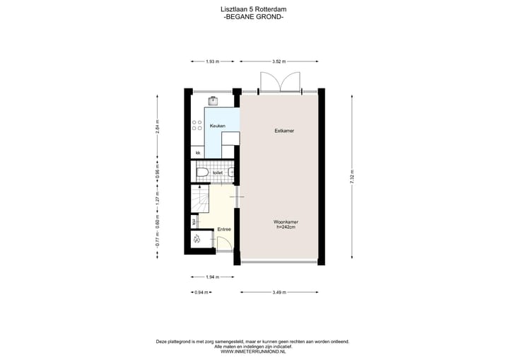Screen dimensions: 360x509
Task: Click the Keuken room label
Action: coord(217,125)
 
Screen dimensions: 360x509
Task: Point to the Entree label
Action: coord(224,229)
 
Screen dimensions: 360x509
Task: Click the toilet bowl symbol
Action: coord(201,172)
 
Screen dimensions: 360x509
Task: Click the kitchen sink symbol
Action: coord(212,100)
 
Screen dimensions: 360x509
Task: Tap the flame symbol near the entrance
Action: coord(198,240)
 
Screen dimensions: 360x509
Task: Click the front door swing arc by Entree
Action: coord(224,244)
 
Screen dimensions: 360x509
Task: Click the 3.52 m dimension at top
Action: coord(279,62)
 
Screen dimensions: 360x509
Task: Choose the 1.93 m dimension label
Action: coord(211,62)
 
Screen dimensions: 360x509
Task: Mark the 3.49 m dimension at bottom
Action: coord(279,291)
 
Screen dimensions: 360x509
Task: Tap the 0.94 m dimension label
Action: coord(201,291)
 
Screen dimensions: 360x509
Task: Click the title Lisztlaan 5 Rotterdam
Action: coord(253,8)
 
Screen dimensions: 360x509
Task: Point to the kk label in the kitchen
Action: coord(198,152)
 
